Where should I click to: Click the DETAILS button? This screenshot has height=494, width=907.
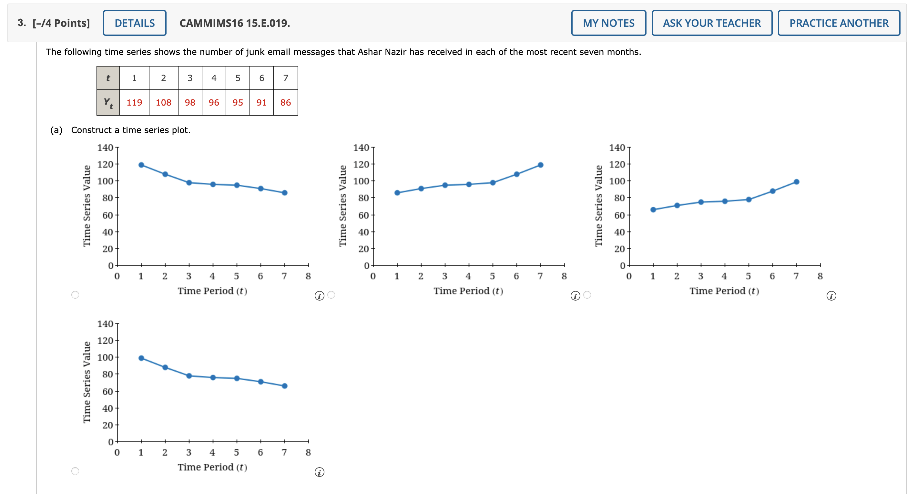(x=135, y=23)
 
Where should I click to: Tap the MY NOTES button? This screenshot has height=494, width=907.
(x=608, y=23)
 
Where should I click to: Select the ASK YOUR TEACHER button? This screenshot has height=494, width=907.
(x=712, y=23)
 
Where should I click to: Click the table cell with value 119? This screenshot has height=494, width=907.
(x=134, y=102)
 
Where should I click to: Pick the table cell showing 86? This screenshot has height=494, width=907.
(x=286, y=102)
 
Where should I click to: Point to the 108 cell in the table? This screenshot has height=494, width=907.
(x=163, y=102)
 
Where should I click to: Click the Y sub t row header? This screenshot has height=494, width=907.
(x=108, y=102)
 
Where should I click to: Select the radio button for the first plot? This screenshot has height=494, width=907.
(x=75, y=295)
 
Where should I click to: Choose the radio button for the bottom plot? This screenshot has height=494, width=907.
(x=75, y=471)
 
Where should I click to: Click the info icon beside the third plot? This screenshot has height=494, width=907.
(x=831, y=296)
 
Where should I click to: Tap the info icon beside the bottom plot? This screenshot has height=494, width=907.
(x=319, y=472)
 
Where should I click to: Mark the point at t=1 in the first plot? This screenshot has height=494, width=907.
(x=141, y=165)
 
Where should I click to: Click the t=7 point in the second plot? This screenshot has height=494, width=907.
(x=540, y=165)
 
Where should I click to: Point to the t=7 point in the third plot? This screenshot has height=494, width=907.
(x=796, y=182)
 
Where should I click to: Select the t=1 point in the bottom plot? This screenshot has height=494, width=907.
(x=141, y=358)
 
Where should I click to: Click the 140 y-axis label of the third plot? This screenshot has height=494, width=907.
(x=617, y=148)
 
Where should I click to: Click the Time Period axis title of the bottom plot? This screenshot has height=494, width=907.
(x=212, y=467)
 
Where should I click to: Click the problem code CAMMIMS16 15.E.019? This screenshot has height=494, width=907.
(x=234, y=23)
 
